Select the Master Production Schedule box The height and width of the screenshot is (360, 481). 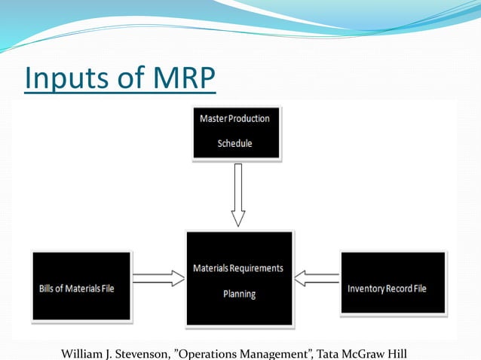237,131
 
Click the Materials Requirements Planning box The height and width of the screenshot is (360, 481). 238,279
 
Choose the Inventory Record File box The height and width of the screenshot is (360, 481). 392,287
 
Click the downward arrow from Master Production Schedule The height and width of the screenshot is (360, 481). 238,195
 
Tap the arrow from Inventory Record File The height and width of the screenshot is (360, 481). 316,279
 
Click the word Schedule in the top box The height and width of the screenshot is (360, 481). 234,143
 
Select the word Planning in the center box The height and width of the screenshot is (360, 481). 238,294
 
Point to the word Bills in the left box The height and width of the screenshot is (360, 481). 48,288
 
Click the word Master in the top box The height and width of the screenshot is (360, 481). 213,118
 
